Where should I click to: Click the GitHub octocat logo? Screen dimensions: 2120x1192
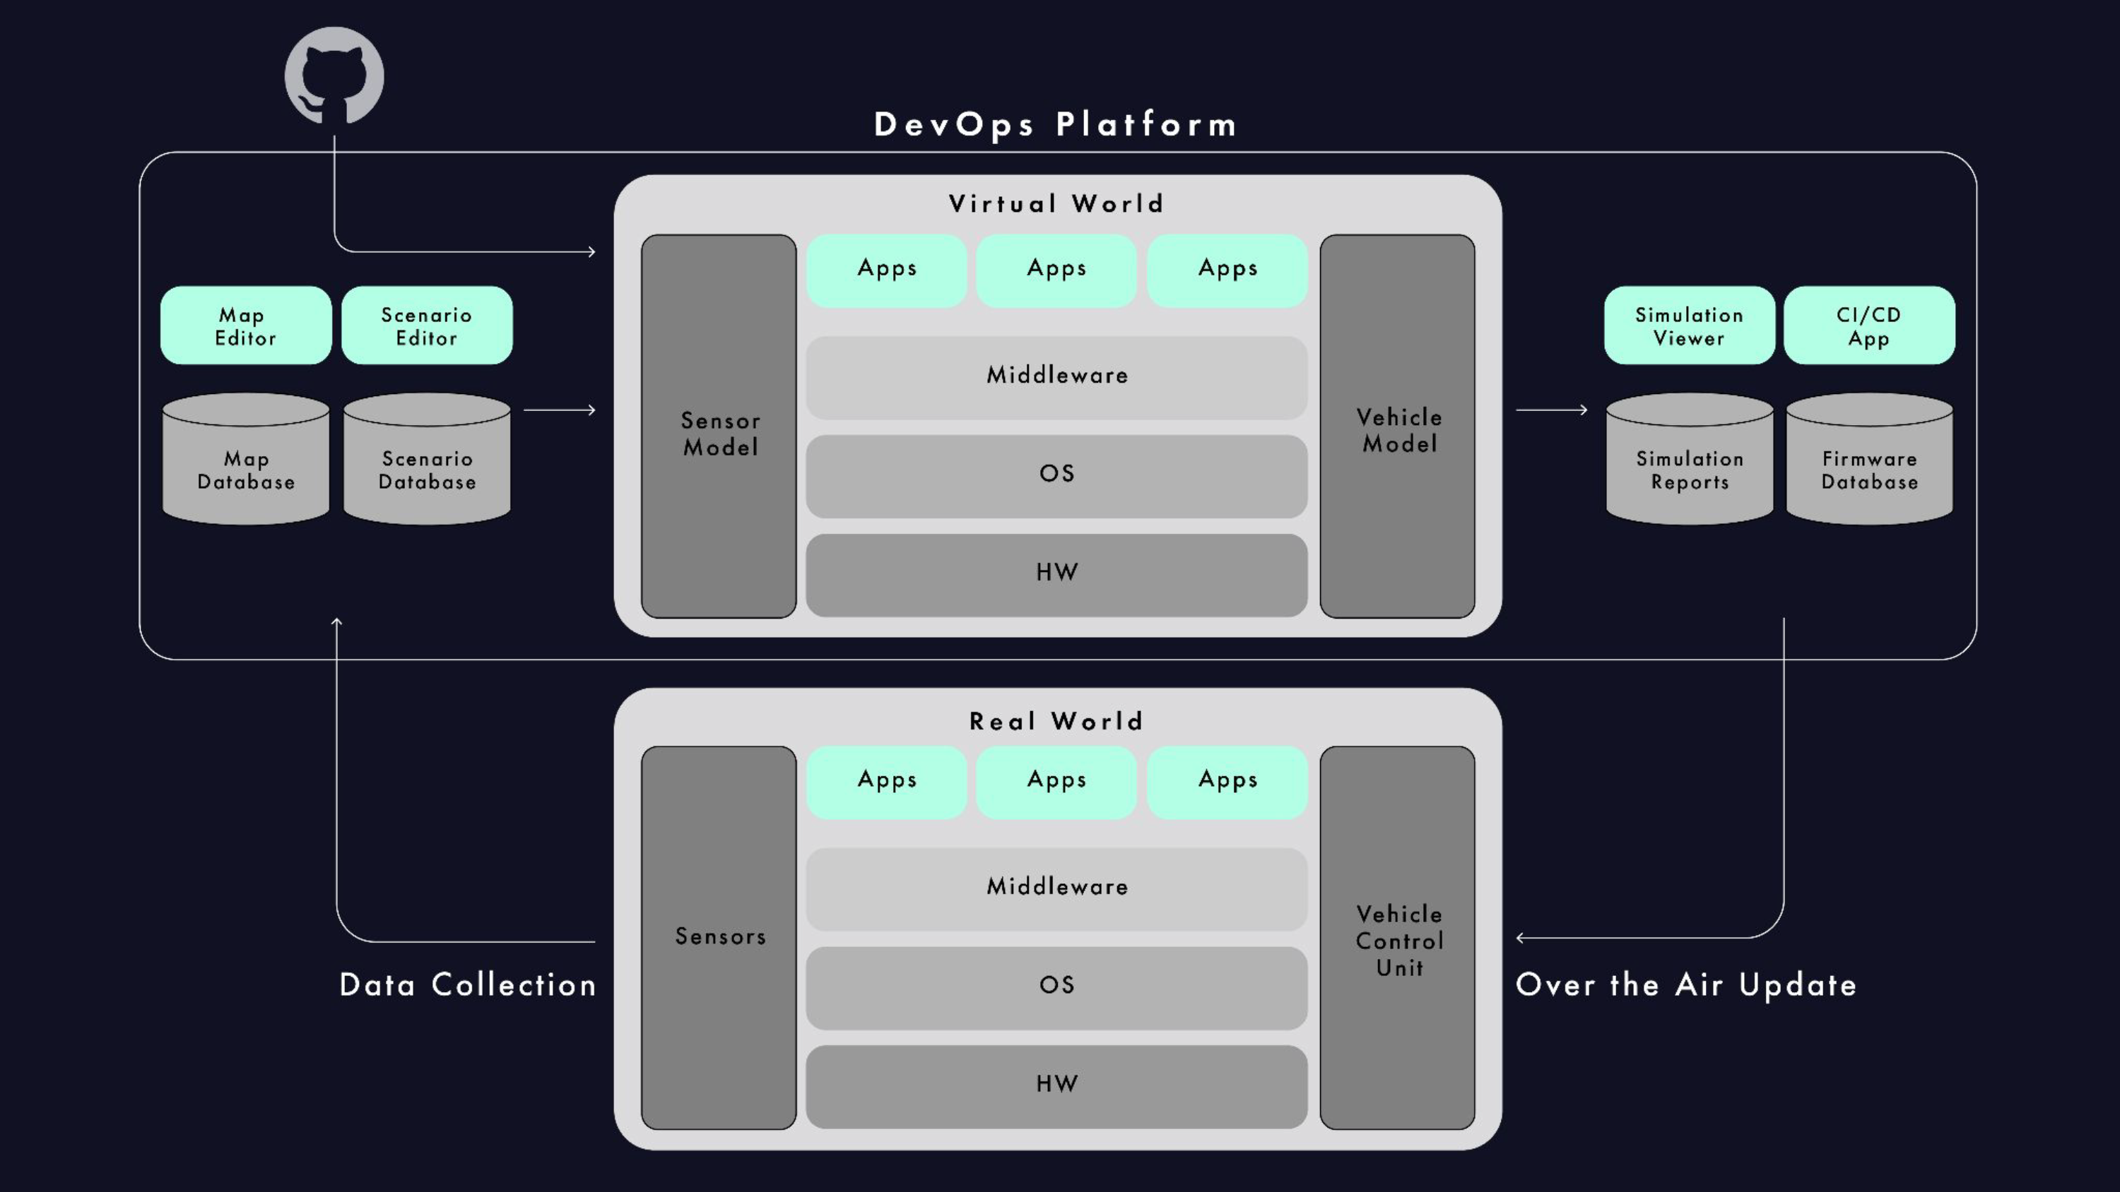[334, 76]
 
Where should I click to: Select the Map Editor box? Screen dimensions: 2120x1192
[246, 326]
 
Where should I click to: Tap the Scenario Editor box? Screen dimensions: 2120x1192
[427, 326]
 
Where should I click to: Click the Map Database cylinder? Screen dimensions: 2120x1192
[246, 458]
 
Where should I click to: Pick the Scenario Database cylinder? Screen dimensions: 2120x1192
[427, 458]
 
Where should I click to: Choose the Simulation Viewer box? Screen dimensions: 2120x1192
[1690, 326]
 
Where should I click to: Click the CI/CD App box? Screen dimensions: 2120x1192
[1870, 326]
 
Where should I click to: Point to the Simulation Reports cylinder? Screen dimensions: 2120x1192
[1690, 458]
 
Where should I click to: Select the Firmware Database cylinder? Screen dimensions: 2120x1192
[1870, 458]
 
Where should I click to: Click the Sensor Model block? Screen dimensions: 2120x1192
[719, 426]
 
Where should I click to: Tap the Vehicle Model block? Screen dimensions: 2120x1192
[1397, 426]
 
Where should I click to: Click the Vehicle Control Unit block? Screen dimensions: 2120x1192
[1397, 938]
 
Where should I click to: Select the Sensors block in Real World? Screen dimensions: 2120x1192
[719, 938]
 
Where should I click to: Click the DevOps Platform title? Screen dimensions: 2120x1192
[1056, 125]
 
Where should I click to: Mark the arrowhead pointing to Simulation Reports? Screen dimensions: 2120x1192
[1583, 410]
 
